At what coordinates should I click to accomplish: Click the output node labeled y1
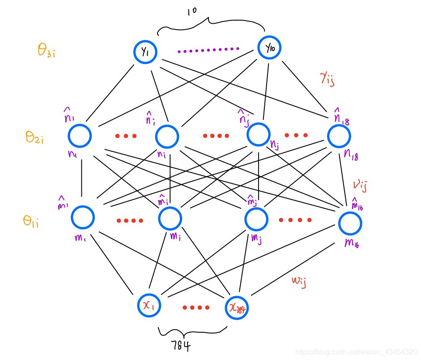pos(145,52)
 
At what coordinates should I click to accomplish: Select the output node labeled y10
pos(269,47)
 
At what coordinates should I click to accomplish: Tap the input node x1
pos(149,305)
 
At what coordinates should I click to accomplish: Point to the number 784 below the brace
pos(181,346)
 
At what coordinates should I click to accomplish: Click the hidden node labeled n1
pos(80,135)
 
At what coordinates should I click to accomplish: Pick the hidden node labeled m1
pos(83,217)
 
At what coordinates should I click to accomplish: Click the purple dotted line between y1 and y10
pos(208,50)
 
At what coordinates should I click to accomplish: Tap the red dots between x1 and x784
pos(196,308)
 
